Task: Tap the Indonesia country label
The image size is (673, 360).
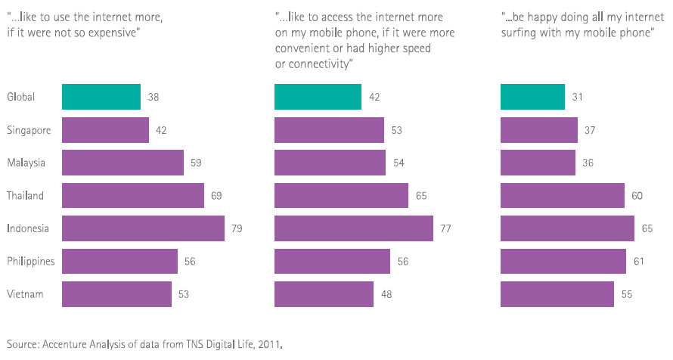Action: coord(28,228)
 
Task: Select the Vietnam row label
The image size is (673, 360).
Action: coord(25,293)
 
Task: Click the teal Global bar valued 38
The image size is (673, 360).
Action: coord(101,97)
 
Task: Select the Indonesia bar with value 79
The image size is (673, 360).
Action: coord(143,228)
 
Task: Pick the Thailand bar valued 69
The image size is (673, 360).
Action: coord(132,195)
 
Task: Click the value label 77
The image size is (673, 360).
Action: coord(445,228)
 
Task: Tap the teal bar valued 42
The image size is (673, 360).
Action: coord(318,97)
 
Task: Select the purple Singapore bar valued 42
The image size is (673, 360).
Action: coord(105,130)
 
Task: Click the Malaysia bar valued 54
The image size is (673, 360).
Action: coord(330,163)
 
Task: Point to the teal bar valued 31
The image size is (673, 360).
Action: coord(532,97)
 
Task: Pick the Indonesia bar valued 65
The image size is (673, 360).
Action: coord(567,228)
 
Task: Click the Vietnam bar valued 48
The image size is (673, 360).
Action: coord(324,293)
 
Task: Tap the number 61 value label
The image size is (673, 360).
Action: coord(639,261)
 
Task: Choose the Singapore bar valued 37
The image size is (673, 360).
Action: coord(539,130)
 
